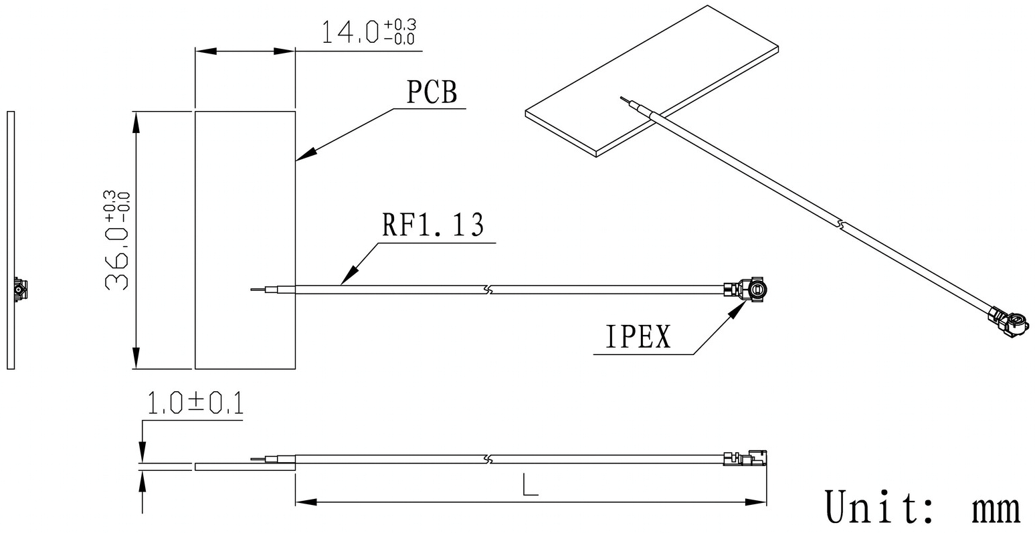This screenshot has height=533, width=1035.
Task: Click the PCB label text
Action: [x=432, y=92]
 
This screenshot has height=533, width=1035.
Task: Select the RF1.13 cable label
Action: [x=433, y=225]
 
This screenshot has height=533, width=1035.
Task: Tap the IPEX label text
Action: [x=638, y=336]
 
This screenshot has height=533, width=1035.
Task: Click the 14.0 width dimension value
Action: [x=368, y=31]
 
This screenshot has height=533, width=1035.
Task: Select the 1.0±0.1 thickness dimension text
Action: [x=195, y=403]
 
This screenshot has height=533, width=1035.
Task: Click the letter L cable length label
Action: [x=530, y=484]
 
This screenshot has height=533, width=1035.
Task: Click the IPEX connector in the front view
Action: [x=746, y=290]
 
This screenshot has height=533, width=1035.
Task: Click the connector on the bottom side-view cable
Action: [x=745, y=457]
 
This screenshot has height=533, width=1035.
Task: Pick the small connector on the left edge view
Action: [x=20, y=290]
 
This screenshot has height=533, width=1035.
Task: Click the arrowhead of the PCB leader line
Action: [x=306, y=154]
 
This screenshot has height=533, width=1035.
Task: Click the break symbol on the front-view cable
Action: [x=488, y=290]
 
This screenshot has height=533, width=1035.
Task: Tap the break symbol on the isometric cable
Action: [x=842, y=225]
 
